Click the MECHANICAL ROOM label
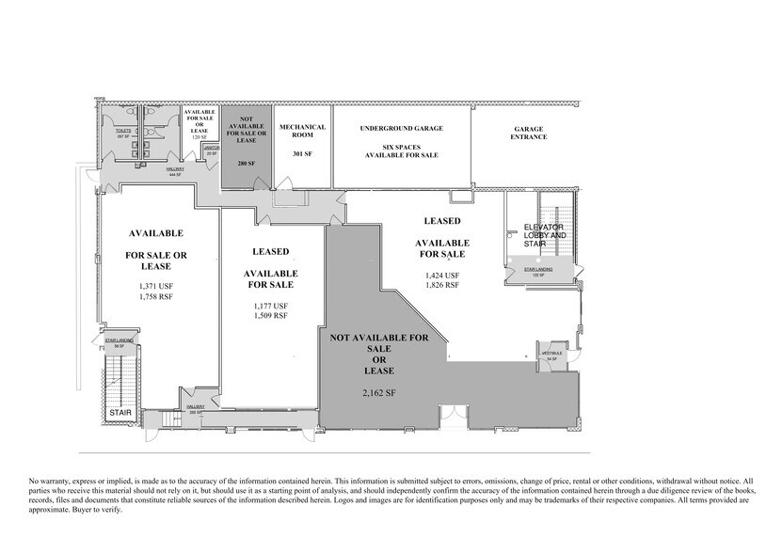pos(302,131)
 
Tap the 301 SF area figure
pos(302,153)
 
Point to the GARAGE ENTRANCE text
pos(530,133)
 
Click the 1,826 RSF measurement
pos(442,284)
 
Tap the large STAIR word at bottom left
pos(120,413)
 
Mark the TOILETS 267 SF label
pos(122,134)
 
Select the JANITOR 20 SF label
pos(211,150)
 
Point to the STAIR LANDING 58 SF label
pos(118,344)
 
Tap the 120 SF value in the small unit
pos(199,137)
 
